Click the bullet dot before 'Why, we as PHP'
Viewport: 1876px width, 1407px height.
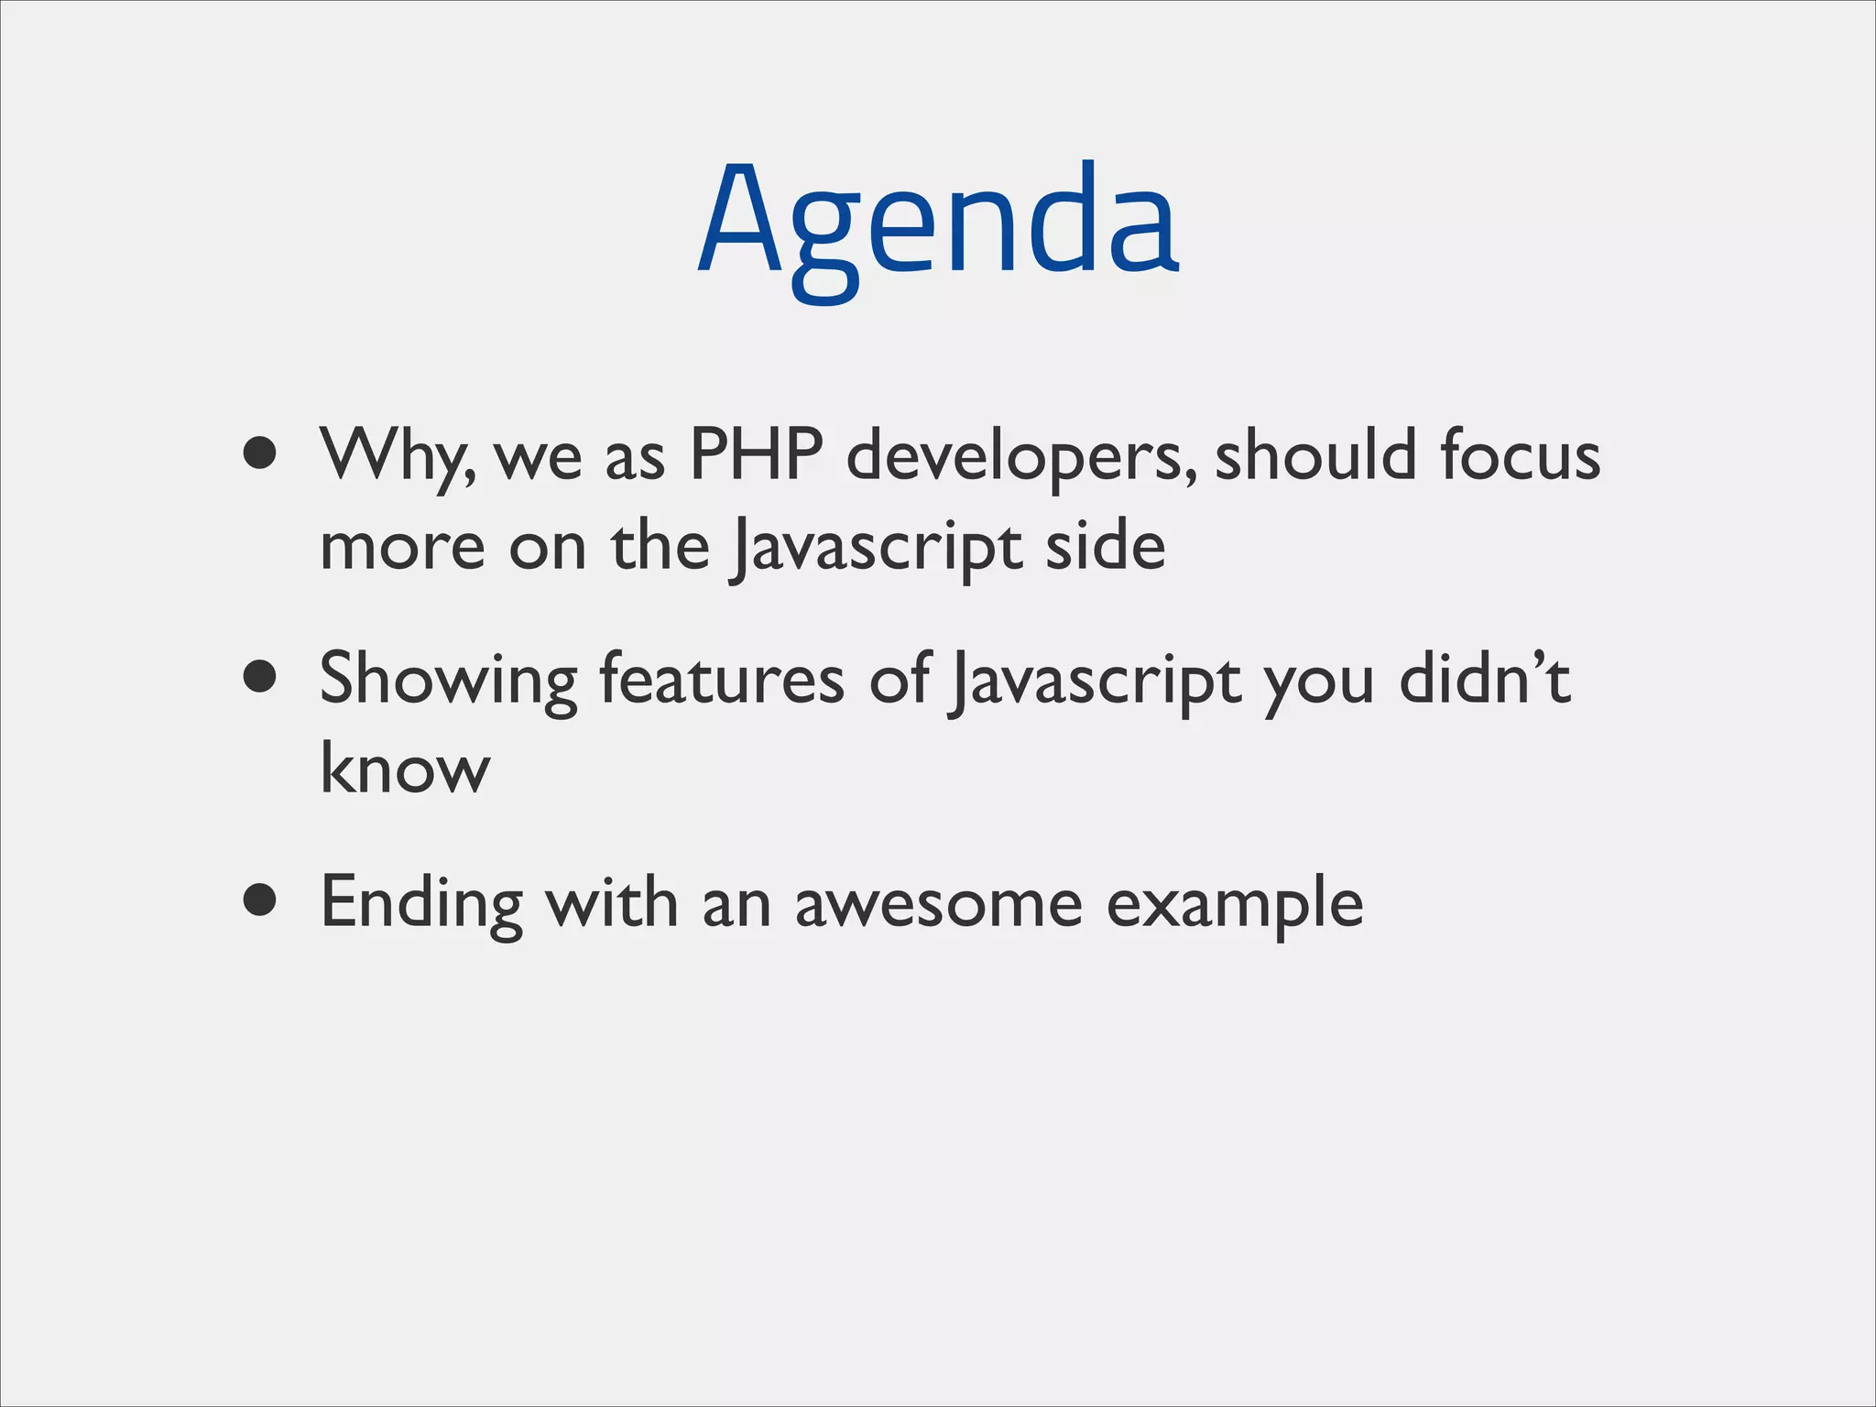(x=261, y=453)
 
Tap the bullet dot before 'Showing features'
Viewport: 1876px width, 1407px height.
(x=261, y=677)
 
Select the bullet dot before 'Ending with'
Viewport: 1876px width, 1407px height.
(x=261, y=900)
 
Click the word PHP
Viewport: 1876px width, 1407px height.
(x=756, y=454)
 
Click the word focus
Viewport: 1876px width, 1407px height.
(x=1520, y=454)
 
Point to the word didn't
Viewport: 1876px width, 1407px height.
(x=1484, y=679)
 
